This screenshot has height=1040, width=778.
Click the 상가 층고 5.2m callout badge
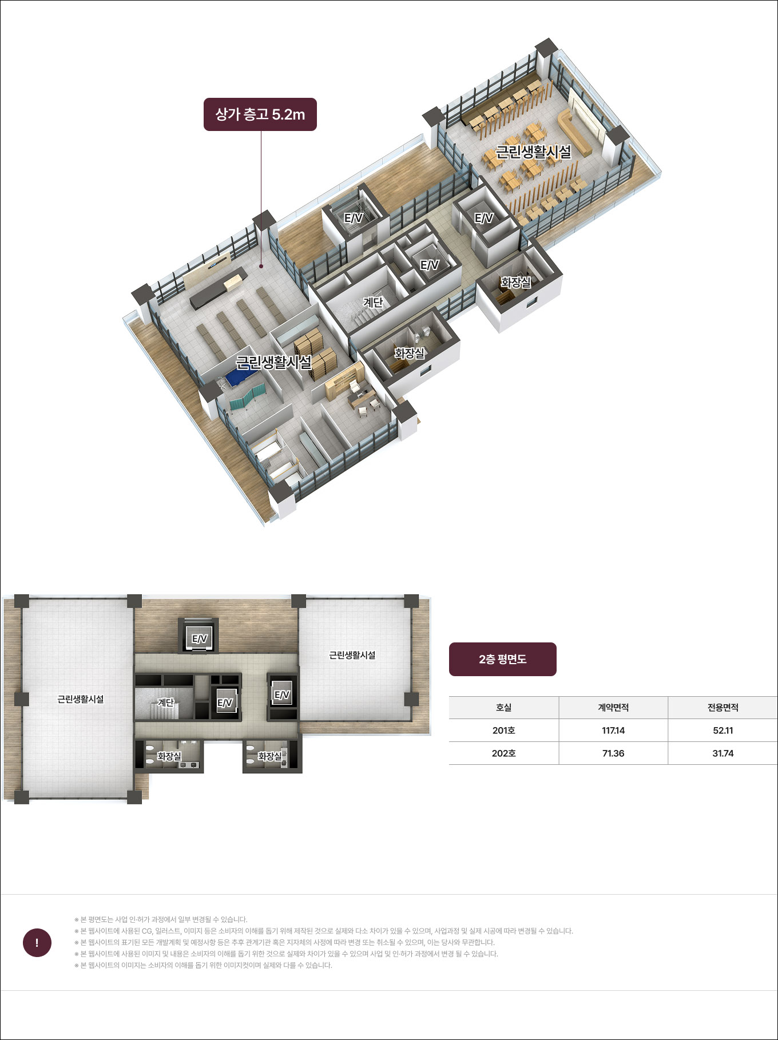260,114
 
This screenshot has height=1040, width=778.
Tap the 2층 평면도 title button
503,659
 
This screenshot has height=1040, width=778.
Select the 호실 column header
503,708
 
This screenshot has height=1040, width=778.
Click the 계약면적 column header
613,708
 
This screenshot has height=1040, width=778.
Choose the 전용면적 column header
723,708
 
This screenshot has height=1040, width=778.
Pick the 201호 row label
503,731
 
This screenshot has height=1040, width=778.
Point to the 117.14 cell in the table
613,731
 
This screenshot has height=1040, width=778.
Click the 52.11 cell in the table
723,731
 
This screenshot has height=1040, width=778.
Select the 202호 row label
503,753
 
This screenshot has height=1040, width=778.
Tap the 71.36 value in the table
613,753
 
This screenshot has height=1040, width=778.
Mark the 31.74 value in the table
723,753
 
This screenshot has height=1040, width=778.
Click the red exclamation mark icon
37,943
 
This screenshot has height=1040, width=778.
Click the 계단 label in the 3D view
373,302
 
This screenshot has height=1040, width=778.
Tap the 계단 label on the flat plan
165,702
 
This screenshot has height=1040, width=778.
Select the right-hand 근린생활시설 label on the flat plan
352,655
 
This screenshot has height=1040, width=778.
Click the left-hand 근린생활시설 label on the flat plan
81,699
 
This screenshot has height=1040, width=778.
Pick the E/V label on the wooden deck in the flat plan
199,639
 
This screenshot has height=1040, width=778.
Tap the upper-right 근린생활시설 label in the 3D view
533,152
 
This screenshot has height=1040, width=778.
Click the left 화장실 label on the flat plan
169,756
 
